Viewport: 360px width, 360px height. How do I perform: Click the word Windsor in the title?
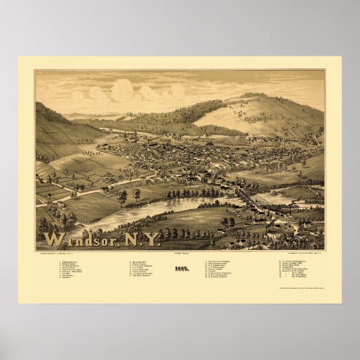[x=79, y=240]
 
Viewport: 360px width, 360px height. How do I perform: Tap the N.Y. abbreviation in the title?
[x=141, y=239]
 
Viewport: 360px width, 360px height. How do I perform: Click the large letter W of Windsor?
[x=53, y=240]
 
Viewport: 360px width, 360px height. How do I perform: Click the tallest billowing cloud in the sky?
[x=122, y=90]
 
